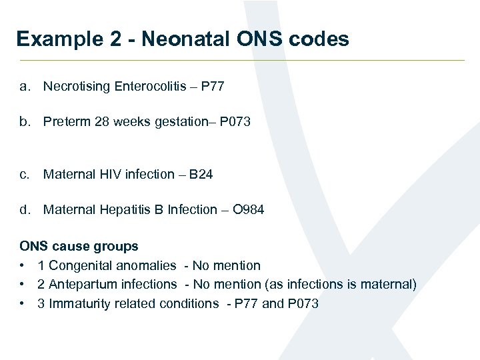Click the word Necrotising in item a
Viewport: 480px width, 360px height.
click(x=77, y=86)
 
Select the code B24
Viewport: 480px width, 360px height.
click(x=201, y=174)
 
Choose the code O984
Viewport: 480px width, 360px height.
click(x=249, y=209)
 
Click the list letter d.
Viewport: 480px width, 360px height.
click(x=25, y=209)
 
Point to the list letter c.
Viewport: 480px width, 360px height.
click(x=25, y=174)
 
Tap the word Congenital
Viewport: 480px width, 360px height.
click(x=79, y=265)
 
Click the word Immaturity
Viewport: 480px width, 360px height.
click(x=77, y=303)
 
